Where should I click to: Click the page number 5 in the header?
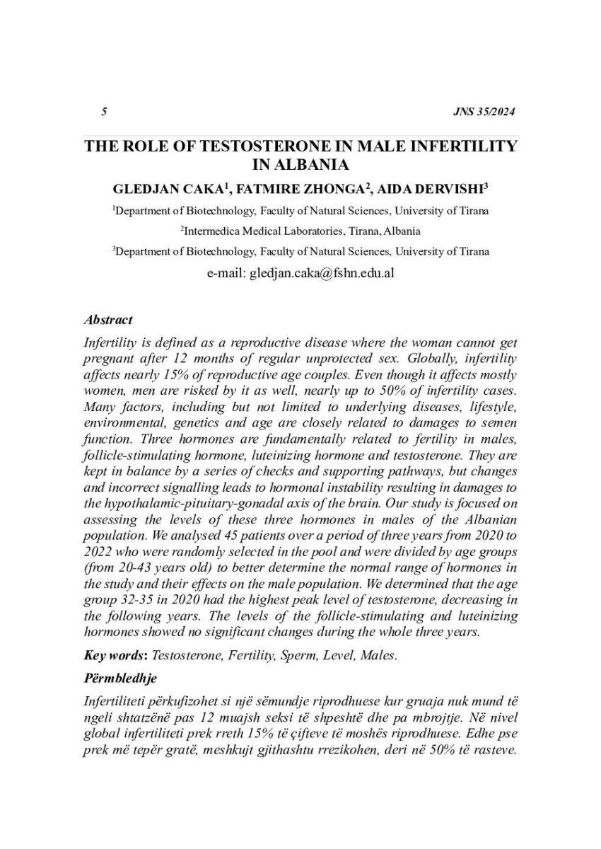[x=104, y=112]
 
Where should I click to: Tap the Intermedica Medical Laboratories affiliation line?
[x=300, y=230]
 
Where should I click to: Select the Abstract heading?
[x=108, y=320]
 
